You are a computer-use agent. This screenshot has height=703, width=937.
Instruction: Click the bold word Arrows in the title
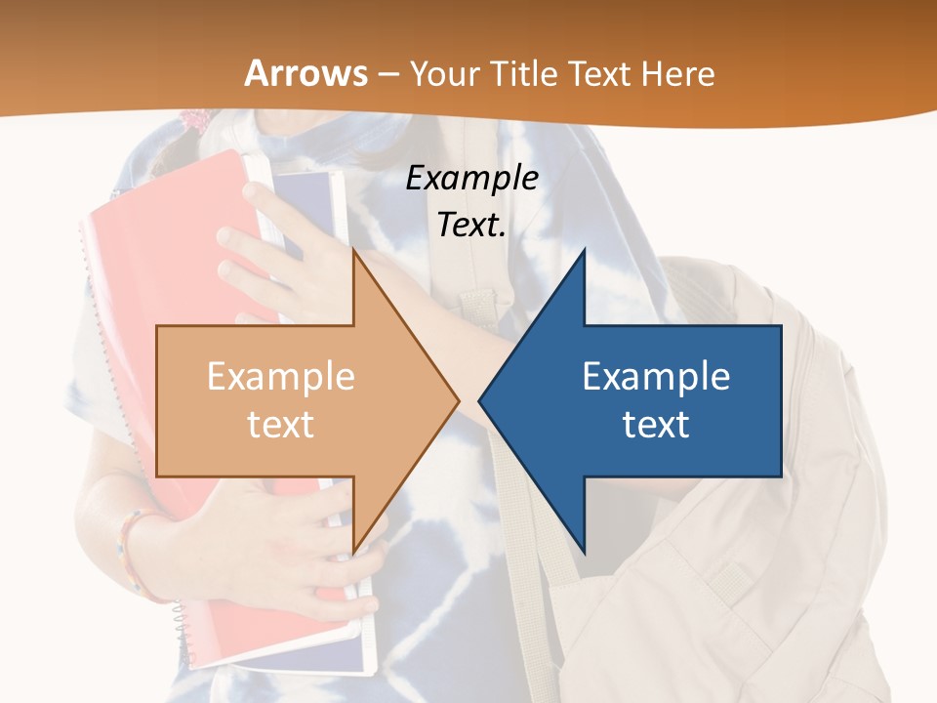click(306, 73)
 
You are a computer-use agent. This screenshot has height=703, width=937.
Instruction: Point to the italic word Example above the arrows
click(471, 178)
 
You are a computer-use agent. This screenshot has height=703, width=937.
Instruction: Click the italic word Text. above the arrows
click(471, 225)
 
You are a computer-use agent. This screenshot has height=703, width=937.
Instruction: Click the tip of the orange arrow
click(456, 399)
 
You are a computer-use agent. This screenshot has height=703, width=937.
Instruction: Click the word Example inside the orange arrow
click(280, 376)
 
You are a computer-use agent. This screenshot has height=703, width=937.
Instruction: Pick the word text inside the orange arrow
click(280, 425)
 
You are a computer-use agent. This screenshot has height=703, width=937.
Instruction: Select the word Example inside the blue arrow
click(656, 376)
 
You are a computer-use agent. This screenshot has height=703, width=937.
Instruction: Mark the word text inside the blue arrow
click(656, 425)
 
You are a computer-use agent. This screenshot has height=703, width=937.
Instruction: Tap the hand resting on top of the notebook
click(283, 254)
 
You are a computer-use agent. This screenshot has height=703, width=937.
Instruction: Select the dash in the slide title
click(387, 74)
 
